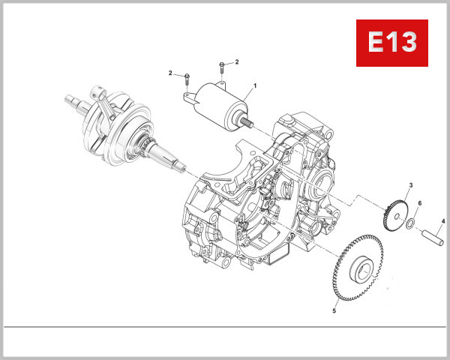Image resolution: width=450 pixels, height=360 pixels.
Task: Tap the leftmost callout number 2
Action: tap(170, 73)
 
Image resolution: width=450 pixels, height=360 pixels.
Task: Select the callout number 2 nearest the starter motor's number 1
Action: tap(236, 61)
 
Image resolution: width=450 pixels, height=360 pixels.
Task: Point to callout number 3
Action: tap(411, 185)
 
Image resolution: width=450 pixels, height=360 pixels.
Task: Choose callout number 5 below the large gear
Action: tap(334, 308)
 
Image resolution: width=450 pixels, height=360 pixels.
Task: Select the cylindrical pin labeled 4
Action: tap(434, 236)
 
